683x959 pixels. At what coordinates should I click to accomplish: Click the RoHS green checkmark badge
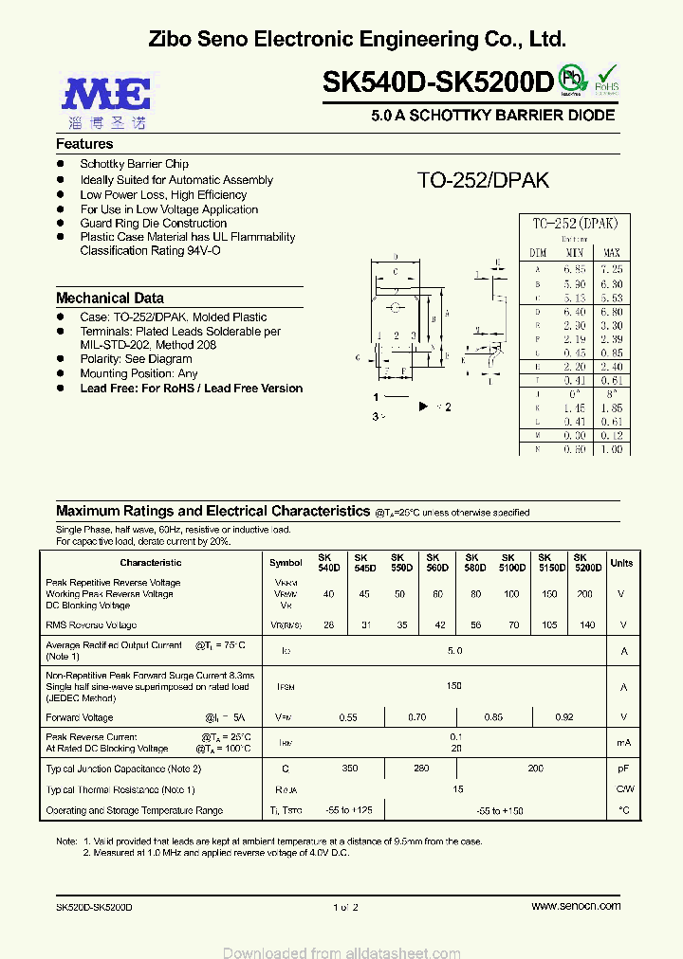(607, 79)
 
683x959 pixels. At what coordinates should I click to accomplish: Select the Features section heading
(84, 144)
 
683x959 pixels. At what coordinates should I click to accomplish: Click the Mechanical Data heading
(110, 298)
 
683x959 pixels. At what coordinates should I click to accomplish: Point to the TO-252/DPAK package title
(483, 180)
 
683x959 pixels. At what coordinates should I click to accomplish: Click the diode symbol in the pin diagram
(424, 407)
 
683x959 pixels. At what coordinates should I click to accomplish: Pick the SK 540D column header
(328, 562)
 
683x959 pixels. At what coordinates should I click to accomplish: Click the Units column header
(621, 563)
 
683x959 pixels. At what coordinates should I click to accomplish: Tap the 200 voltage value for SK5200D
(585, 594)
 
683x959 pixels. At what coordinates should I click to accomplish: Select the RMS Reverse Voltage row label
(91, 625)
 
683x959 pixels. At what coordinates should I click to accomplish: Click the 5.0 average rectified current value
(454, 651)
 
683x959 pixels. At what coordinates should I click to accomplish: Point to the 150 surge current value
(454, 685)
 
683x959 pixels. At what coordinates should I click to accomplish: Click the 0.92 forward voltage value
(563, 717)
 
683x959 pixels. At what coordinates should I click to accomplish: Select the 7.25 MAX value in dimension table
(611, 270)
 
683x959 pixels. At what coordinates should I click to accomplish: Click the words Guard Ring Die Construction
(154, 224)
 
